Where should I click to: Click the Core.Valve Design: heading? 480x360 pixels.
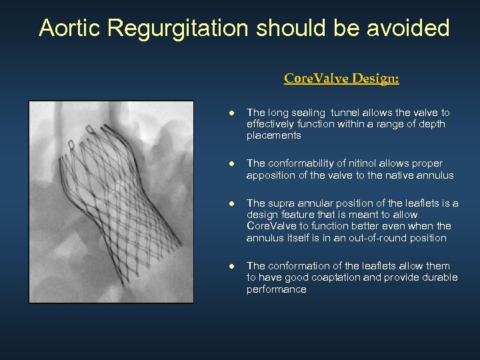click(341, 79)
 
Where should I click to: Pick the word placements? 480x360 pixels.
click(273, 135)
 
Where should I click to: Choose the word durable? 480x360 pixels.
click(439, 277)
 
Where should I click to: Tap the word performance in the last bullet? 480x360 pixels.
click(276, 289)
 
